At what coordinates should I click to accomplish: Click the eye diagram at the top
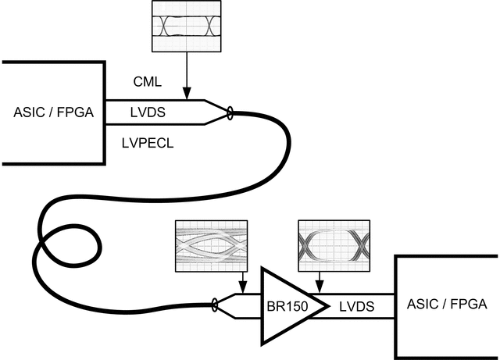pos(186,26)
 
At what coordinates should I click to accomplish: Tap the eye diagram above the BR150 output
pos(332,244)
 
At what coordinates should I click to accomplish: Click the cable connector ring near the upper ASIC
pos(230,115)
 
